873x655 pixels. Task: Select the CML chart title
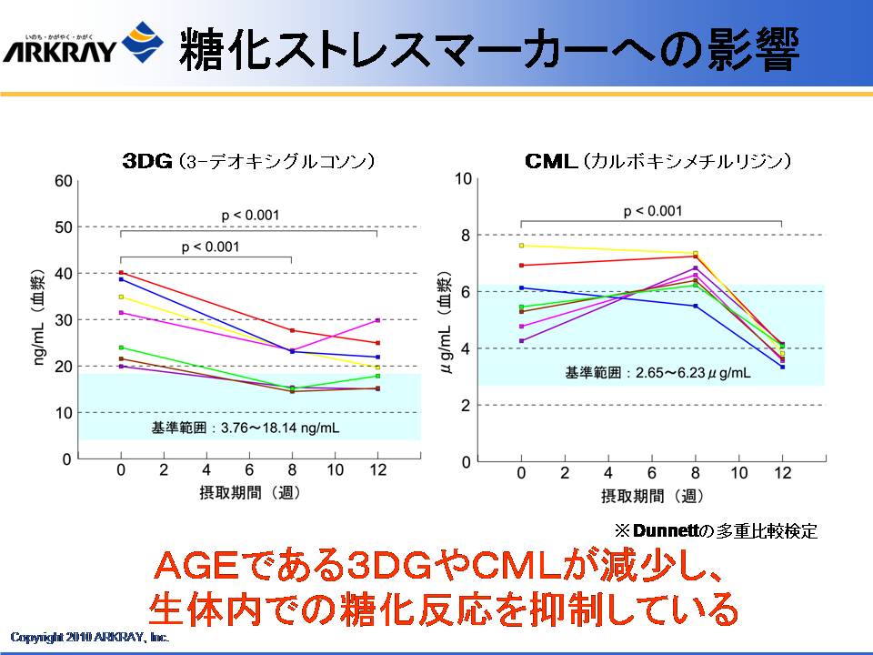coord(657,161)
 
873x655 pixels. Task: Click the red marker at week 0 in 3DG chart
coord(121,273)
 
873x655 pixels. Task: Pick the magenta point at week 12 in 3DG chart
coord(377,320)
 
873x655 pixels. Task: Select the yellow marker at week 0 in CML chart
coord(521,246)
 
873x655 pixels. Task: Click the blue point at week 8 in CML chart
coord(696,307)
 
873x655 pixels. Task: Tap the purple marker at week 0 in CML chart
coord(521,341)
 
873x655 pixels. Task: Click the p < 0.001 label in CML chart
coord(653,212)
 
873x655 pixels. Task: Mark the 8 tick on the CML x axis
coord(696,473)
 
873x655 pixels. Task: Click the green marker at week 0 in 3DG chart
coord(121,348)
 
